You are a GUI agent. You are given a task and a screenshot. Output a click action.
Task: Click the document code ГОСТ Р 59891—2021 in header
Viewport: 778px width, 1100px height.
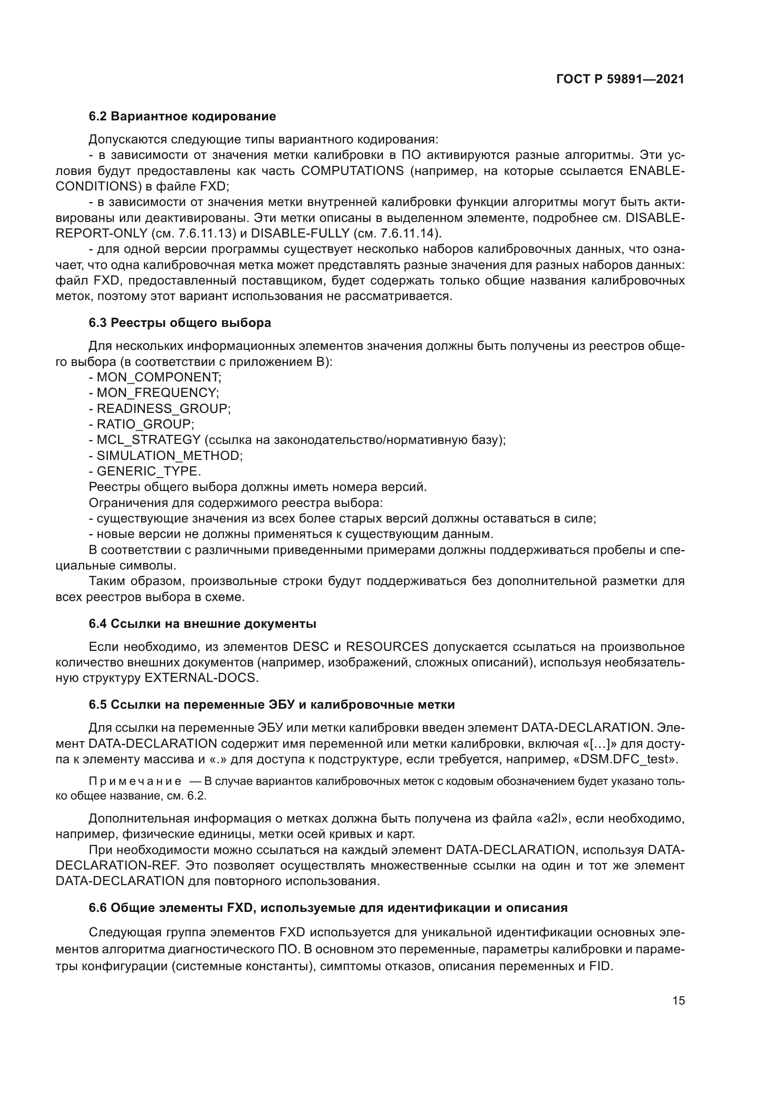click(620, 79)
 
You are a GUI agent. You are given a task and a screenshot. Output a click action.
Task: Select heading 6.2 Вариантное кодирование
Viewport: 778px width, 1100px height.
click(182, 117)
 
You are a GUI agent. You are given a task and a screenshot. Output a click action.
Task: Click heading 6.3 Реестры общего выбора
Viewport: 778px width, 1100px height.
click(180, 323)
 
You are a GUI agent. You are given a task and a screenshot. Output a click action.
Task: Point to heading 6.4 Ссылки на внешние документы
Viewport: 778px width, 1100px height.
click(202, 624)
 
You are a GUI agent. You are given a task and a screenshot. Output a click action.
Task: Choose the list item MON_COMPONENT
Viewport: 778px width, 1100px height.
click(158, 378)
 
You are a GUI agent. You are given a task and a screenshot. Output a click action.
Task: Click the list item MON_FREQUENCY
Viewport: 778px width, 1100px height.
click(157, 393)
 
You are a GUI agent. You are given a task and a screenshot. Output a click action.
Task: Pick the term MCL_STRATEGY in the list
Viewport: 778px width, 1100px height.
click(149, 440)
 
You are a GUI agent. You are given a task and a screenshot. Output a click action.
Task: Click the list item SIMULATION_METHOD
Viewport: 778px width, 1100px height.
click(169, 456)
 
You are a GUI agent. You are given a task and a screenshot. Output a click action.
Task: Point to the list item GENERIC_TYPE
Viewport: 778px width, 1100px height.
click(148, 471)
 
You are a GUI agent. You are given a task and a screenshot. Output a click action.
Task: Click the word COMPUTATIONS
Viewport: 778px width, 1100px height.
click(352, 171)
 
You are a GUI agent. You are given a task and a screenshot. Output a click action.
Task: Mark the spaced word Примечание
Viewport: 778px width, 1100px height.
click(135, 782)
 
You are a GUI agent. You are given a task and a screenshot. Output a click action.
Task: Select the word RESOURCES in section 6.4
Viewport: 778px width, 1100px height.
click(387, 647)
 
